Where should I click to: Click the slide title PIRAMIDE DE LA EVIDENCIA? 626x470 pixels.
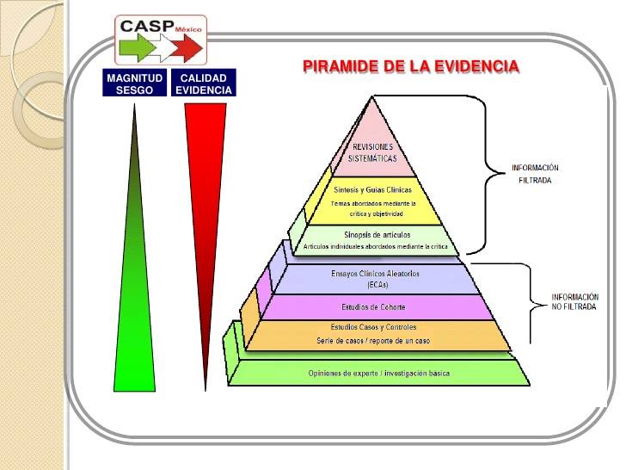tap(411, 66)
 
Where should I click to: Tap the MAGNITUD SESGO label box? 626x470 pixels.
tap(134, 83)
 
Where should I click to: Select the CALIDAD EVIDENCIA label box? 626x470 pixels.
tap(204, 83)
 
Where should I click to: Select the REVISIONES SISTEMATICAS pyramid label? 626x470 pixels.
tap(372, 152)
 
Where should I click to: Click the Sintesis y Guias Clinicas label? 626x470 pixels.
tap(372, 189)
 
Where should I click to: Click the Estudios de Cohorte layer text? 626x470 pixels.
tap(374, 306)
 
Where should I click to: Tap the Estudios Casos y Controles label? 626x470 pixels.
tap(373, 327)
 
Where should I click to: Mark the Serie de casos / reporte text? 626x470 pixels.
tap(373, 341)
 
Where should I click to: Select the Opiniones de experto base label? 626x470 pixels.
tap(378, 373)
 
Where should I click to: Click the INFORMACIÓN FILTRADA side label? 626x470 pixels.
tap(535, 174)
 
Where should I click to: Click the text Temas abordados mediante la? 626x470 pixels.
tap(373, 203)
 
